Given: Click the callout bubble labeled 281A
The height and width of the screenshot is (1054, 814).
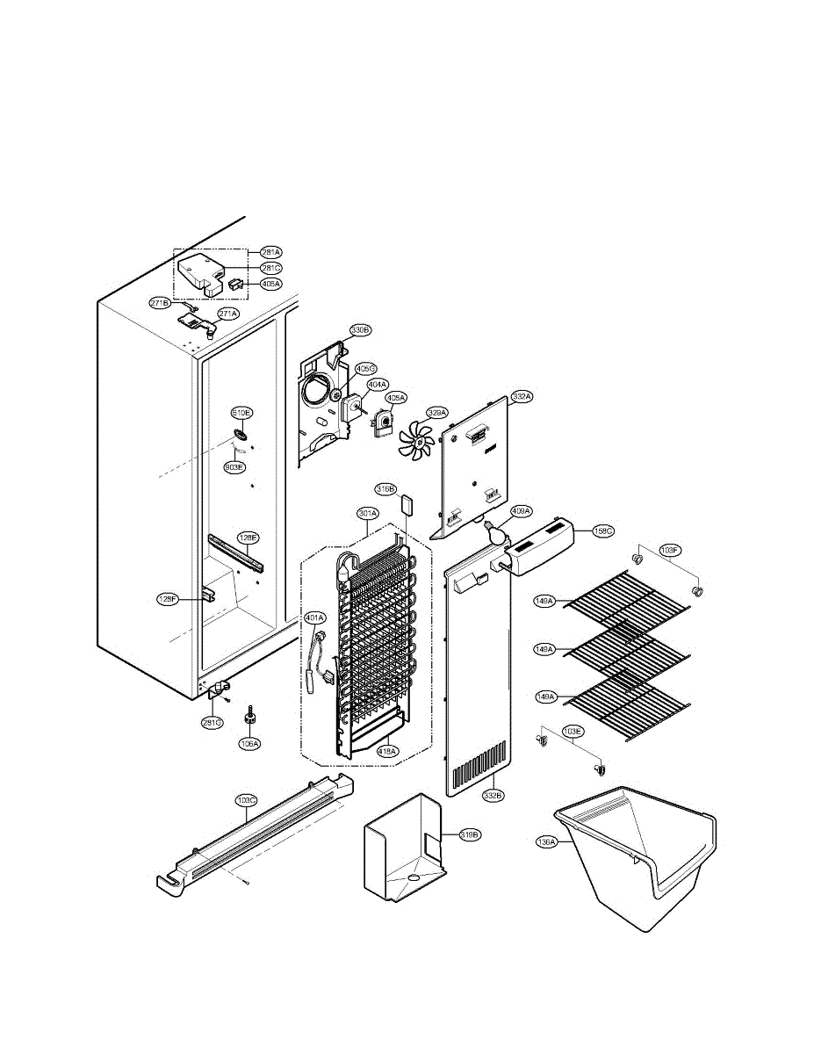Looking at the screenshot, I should click(x=271, y=252).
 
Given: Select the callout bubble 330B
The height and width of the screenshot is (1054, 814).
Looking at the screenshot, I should click(x=360, y=330).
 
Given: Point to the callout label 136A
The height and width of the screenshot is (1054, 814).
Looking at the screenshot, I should click(x=546, y=841).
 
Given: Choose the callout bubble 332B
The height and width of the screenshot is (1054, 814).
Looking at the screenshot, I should click(x=493, y=795).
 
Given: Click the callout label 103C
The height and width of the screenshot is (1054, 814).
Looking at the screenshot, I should click(x=247, y=800).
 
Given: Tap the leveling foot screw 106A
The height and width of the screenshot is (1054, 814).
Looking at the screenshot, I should click(x=249, y=715).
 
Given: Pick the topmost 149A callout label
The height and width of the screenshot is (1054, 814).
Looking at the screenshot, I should click(x=545, y=601).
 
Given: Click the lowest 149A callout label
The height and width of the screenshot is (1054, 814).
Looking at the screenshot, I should click(x=545, y=697).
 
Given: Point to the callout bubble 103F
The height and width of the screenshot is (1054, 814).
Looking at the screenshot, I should click(x=670, y=552).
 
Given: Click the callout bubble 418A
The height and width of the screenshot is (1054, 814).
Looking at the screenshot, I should click(x=387, y=751).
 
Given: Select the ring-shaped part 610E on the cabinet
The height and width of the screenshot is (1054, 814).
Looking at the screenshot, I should click(x=242, y=435).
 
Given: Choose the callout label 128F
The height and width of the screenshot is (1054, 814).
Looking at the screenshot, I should click(x=168, y=600).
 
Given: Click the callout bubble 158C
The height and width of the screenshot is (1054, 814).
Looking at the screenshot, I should click(x=603, y=531).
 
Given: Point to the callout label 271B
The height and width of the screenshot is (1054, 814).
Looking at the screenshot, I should click(x=160, y=303).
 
